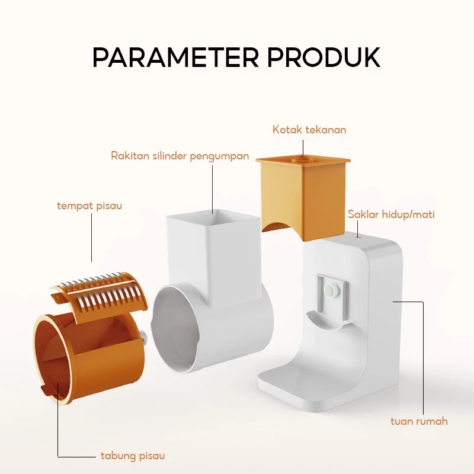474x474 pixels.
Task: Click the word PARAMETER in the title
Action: pos(175,57)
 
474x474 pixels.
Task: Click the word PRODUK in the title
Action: pos(324,57)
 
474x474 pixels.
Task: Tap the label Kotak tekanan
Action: pos(309,130)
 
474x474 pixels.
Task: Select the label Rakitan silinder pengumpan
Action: pos(180,156)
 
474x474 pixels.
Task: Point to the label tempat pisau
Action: pos(89,206)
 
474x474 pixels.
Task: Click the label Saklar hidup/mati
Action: pos(391,214)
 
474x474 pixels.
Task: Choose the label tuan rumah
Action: pos(419,421)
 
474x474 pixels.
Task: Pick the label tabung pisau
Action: pos(133,456)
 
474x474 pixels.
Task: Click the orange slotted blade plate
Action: pos(100,298)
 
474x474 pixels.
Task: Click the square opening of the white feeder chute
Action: pos(213,219)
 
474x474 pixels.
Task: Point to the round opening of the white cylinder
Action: pos(175,329)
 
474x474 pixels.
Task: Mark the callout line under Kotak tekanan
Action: pos(303,149)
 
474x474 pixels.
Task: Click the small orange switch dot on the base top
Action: pos(359,238)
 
